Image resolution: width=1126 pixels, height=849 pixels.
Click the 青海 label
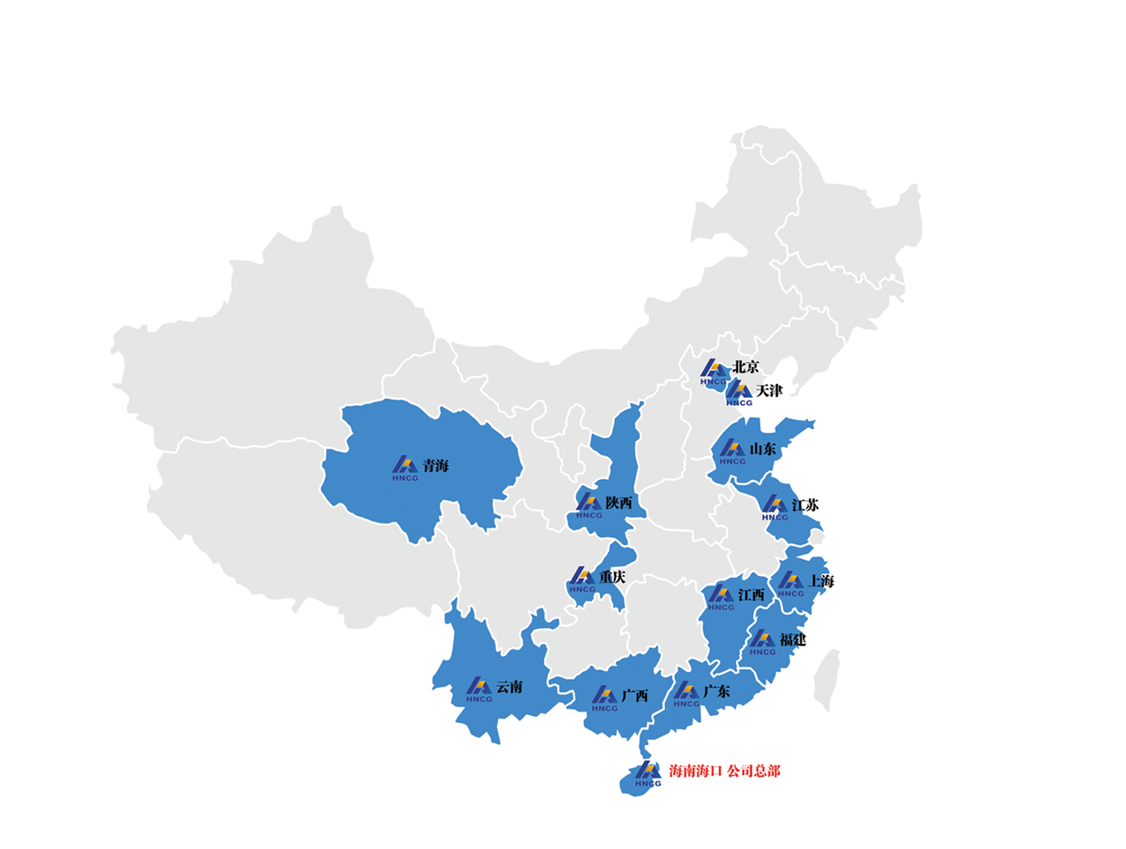pos(435,466)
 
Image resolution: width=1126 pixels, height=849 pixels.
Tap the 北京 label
pos(745,367)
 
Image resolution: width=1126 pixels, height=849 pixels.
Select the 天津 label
pos(768,390)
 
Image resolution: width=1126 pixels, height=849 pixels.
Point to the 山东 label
pos(763,449)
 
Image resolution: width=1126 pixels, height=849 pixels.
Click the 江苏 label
pos(805,506)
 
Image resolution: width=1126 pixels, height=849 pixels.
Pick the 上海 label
pos(821,581)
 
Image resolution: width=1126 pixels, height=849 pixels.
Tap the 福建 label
pos(793,640)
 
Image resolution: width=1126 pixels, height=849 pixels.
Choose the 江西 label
pos(752,595)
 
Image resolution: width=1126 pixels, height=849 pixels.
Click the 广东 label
pos(716,691)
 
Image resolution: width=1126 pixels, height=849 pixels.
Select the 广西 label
pos(634,696)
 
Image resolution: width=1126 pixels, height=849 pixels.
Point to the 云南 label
pos(509,687)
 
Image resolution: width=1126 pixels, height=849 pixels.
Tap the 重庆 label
pos(612,578)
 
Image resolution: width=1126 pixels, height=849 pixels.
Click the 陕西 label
pos(619,503)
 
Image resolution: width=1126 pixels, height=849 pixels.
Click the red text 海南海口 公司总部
pos(724,771)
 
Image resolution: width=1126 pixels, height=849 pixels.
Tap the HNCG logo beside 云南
pos(479,690)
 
